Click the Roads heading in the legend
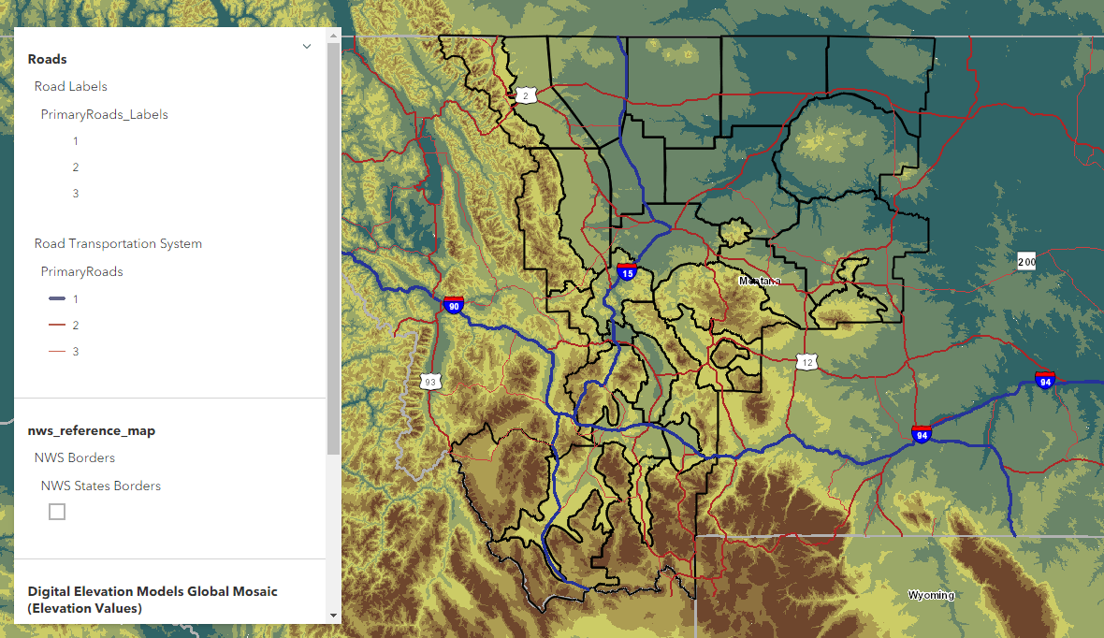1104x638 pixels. coord(48,59)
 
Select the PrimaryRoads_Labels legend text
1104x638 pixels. coord(105,114)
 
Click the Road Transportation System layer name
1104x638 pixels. coord(118,243)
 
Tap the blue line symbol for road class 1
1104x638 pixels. coord(57,298)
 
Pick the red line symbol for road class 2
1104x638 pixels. coord(57,325)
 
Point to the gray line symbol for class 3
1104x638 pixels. coord(57,351)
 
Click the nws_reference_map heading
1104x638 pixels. coord(92,430)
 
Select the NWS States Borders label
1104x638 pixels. coord(101,486)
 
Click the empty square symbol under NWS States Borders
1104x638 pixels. coord(57,512)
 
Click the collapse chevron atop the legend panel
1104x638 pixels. coord(307,46)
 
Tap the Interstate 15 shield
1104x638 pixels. coord(626,272)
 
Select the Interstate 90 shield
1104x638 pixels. coord(454,305)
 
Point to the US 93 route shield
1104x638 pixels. coord(429,382)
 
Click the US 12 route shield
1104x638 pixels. coord(807,361)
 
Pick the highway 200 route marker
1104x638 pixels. coord(1026,261)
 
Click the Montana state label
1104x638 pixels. coord(759,281)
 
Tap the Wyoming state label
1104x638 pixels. coord(931,595)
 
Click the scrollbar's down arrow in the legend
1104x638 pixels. coord(333,615)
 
